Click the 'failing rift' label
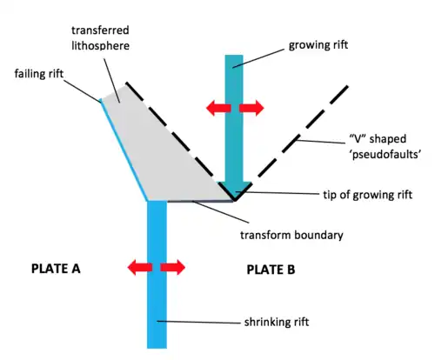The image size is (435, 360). click(x=39, y=74)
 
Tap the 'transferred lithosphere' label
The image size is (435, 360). click(x=100, y=38)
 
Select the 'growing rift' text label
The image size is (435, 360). click(x=318, y=45)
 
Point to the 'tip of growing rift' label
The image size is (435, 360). click(x=367, y=195)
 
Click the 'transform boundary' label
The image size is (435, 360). click(x=291, y=235)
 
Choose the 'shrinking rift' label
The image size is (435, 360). click(x=277, y=322)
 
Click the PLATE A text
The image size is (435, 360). click(x=56, y=269)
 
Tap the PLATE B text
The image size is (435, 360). click(x=271, y=270)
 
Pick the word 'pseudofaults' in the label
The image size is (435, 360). click(x=386, y=154)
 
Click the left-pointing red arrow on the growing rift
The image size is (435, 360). click(x=218, y=108)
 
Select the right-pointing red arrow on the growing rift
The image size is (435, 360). click(x=251, y=108)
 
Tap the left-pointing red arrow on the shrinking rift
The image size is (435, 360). click(x=140, y=267)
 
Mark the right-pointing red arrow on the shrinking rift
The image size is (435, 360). click(x=173, y=267)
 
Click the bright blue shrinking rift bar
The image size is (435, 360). click(x=157, y=274)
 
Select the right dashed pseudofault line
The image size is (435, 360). click(x=291, y=143)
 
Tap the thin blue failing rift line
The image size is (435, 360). click(x=124, y=150)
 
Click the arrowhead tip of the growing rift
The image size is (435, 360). click(x=235, y=200)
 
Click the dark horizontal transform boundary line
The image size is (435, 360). click(x=200, y=201)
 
